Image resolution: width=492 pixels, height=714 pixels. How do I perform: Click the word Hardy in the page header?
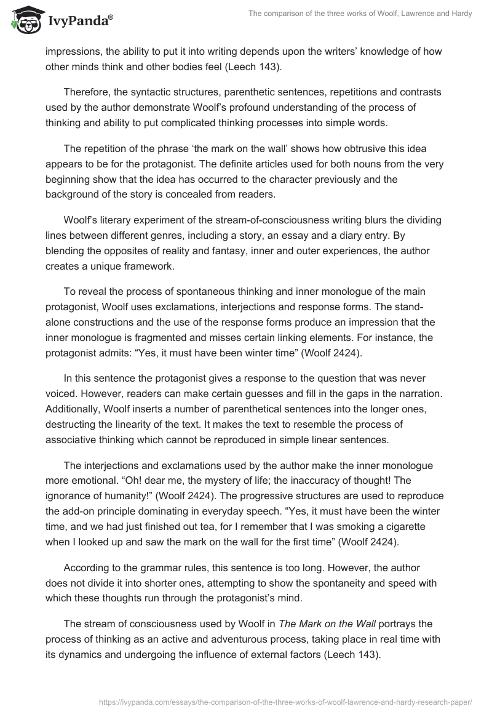click(460, 14)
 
